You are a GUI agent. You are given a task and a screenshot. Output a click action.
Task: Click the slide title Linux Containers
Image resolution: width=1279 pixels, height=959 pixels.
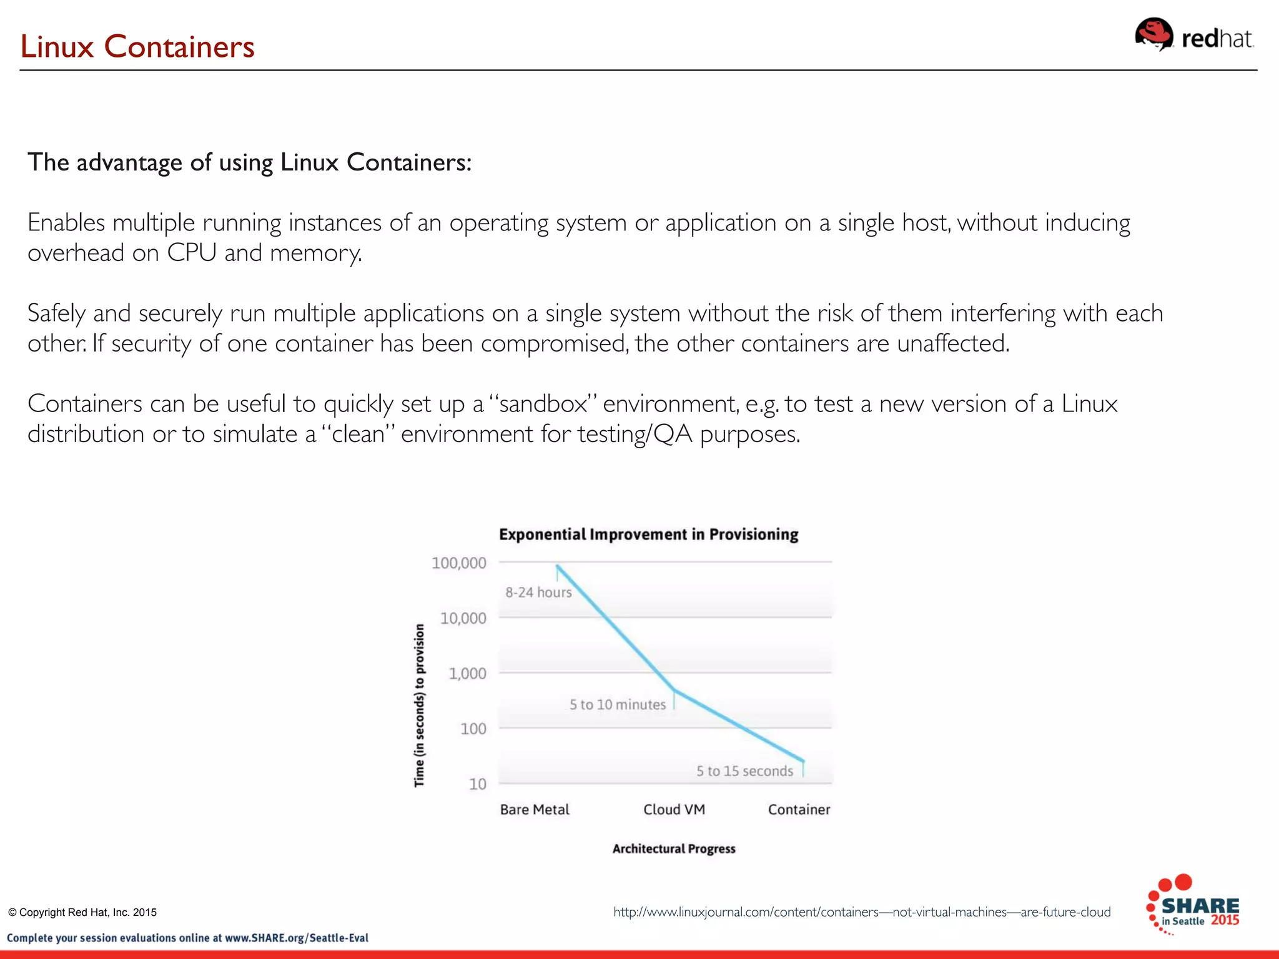pos(137,47)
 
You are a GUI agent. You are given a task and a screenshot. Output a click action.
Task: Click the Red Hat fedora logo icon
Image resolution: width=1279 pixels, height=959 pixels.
pos(1153,34)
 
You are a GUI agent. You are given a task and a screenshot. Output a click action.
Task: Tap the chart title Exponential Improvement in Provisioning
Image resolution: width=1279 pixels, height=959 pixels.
pos(648,534)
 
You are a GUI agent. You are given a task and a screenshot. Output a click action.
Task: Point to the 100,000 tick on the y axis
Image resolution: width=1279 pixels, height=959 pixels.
pos(458,563)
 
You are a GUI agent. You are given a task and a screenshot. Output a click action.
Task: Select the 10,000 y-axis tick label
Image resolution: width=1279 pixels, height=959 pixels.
pos(463,619)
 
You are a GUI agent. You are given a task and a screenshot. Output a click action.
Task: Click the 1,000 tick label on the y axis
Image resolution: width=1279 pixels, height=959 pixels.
pos(467,674)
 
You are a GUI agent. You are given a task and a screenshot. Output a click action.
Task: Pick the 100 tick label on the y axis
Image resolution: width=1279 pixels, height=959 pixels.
pos(473,729)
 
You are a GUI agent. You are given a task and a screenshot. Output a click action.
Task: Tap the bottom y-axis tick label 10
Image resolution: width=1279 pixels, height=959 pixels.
pos(477,784)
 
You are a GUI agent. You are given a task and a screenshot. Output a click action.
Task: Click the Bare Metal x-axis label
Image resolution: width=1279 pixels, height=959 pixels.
pos(535,810)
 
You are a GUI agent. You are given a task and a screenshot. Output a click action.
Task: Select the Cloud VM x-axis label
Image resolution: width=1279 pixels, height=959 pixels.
pos(674,810)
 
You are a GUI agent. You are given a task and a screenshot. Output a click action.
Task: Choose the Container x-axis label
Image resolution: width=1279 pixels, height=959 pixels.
pos(799,810)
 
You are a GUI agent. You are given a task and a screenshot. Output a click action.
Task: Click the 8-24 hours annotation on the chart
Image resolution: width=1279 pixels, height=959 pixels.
pos(538,593)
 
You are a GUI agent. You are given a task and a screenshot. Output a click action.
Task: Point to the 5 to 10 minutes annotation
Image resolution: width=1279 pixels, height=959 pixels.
pos(617,705)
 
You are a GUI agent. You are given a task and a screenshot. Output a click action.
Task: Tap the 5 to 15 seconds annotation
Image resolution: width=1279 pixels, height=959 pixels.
pos(744,771)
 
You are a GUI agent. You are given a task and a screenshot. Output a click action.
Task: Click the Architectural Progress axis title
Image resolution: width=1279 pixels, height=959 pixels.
pos(673,849)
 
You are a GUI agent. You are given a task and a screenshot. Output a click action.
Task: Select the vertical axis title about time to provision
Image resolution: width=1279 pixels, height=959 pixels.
pos(419,706)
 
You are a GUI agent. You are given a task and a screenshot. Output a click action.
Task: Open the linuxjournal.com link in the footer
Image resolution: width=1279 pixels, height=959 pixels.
pos(861,912)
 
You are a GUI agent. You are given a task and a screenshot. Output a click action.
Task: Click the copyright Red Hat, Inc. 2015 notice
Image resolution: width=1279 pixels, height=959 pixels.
pos(82,912)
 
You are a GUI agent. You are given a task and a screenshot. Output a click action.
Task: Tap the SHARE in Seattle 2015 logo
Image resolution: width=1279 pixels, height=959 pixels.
pos(1193,905)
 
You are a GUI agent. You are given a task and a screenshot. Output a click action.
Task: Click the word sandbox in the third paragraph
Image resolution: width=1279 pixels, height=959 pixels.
pos(543,404)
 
